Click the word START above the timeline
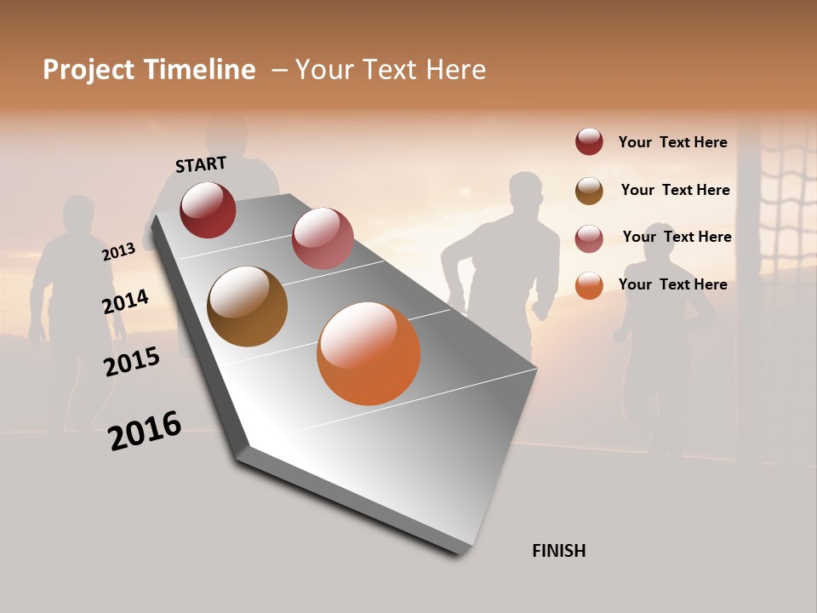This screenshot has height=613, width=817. [201, 164]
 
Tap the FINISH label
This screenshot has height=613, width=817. [559, 551]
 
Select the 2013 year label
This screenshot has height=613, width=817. [118, 252]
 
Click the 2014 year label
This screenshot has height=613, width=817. [125, 301]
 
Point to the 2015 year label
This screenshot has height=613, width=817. [132, 362]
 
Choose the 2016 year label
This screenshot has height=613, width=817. [145, 431]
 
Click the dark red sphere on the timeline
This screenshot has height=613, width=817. [208, 209]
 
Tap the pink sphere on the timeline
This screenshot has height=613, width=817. [323, 238]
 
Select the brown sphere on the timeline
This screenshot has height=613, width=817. [247, 306]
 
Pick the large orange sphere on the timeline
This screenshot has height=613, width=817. [369, 353]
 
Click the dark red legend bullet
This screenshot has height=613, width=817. [589, 141]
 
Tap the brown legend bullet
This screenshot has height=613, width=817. [589, 191]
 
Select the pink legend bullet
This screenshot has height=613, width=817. [589, 238]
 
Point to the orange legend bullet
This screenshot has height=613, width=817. [589, 285]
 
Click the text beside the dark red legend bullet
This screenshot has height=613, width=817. [672, 142]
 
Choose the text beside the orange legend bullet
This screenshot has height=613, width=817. [672, 284]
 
